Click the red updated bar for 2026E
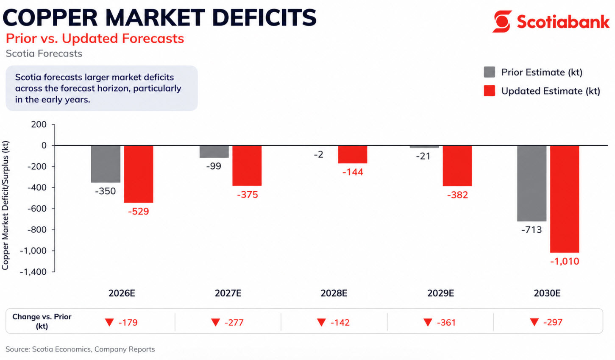(139, 174)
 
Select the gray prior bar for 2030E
(532, 183)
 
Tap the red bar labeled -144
(352, 154)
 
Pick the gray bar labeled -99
(214, 152)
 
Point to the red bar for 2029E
(457, 166)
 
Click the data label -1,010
(564, 261)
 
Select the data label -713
(532, 230)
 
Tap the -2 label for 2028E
(318, 155)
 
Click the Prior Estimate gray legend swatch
(489, 72)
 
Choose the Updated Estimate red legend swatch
(489, 91)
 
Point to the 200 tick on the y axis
(39, 124)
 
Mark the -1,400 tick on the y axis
(33, 272)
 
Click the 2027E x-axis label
(228, 293)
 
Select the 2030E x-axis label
(547, 293)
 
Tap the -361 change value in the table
(446, 323)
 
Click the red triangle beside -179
(109, 323)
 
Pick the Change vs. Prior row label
(42, 321)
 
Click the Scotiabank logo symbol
(502, 21)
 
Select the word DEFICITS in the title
(264, 18)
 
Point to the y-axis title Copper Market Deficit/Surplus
(6, 206)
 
